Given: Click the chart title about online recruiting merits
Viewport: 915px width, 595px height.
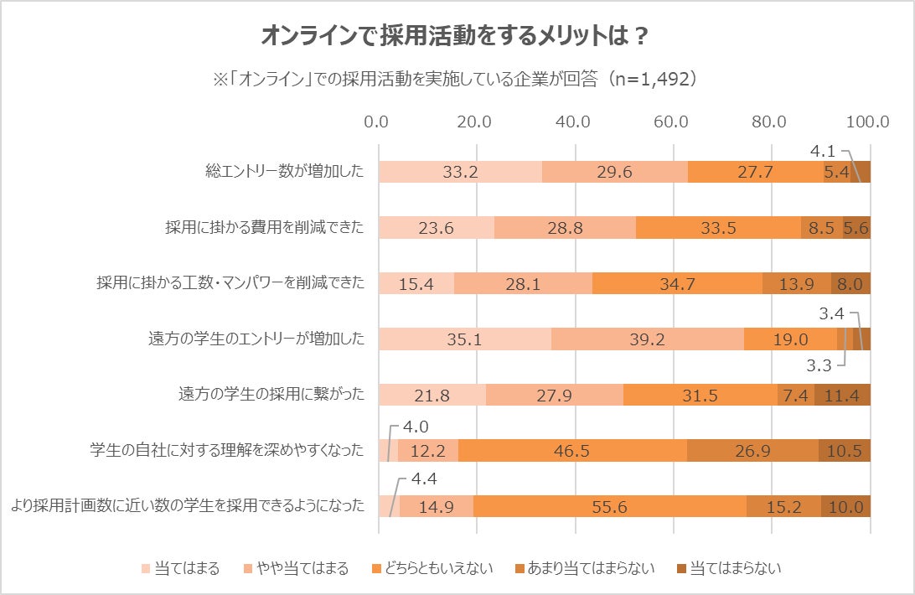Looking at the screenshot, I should (457, 36).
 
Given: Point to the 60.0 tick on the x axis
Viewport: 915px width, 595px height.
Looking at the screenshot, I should (671, 122).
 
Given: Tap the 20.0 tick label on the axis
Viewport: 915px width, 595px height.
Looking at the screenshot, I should (475, 122).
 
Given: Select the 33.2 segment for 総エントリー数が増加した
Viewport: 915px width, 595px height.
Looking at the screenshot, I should (460, 172).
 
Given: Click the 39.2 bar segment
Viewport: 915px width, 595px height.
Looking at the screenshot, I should (647, 339).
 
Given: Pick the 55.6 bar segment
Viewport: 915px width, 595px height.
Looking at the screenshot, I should (610, 506).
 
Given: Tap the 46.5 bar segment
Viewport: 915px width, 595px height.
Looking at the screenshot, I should (573, 450).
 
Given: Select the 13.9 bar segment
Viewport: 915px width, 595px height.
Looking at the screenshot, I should (796, 283).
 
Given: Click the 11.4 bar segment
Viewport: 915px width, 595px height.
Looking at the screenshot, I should (842, 395).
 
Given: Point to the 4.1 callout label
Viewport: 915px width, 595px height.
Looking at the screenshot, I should (823, 153).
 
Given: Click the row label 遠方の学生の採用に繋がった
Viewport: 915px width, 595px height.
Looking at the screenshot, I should (271, 395).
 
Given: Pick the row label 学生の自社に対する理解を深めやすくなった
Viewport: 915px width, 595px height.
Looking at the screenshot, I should (227, 450).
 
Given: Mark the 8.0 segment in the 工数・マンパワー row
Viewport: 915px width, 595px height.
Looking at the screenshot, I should (850, 283).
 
